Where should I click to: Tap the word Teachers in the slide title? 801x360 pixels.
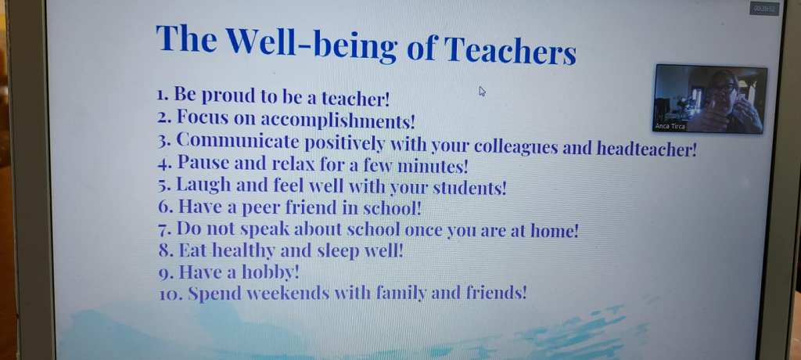[510, 50]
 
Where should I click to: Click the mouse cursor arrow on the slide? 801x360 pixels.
[482, 92]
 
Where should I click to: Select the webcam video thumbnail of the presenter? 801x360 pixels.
[710, 98]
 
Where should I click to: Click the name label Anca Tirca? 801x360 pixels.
[670, 126]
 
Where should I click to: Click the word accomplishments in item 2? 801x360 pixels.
[338, 121]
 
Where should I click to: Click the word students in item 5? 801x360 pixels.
[469, 188]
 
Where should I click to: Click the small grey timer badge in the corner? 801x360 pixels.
[764, 9]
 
